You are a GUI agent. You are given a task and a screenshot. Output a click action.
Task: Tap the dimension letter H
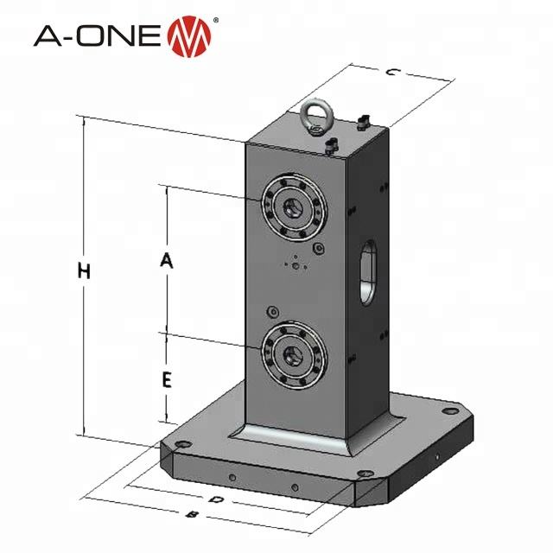point(84,270)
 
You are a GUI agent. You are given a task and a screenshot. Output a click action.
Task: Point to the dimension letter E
point(168,378)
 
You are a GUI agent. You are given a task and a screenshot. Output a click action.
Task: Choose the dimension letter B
point(194,515)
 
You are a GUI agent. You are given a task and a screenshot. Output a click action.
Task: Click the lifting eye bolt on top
point(312,116)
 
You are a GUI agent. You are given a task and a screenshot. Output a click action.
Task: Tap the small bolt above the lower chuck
point(274,311)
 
